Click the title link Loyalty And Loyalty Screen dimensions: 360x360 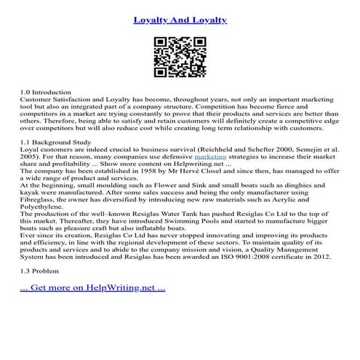click(x=180, y=18)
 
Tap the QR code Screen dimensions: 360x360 click(x=180, y=57)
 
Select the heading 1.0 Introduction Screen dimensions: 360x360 click(x=46, y=92)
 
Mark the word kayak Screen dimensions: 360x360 click(x=31, y=190)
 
